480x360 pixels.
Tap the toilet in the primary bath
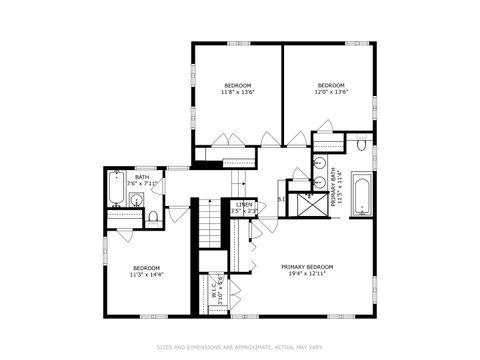360,147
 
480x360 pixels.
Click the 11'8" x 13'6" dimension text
237,93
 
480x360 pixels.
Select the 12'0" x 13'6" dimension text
331,93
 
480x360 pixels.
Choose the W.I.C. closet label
214,291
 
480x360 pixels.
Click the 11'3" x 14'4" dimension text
147,275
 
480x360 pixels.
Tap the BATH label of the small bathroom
142,177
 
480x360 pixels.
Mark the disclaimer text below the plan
240,347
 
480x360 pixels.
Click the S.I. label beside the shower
281,199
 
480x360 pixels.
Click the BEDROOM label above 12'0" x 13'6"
331,85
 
